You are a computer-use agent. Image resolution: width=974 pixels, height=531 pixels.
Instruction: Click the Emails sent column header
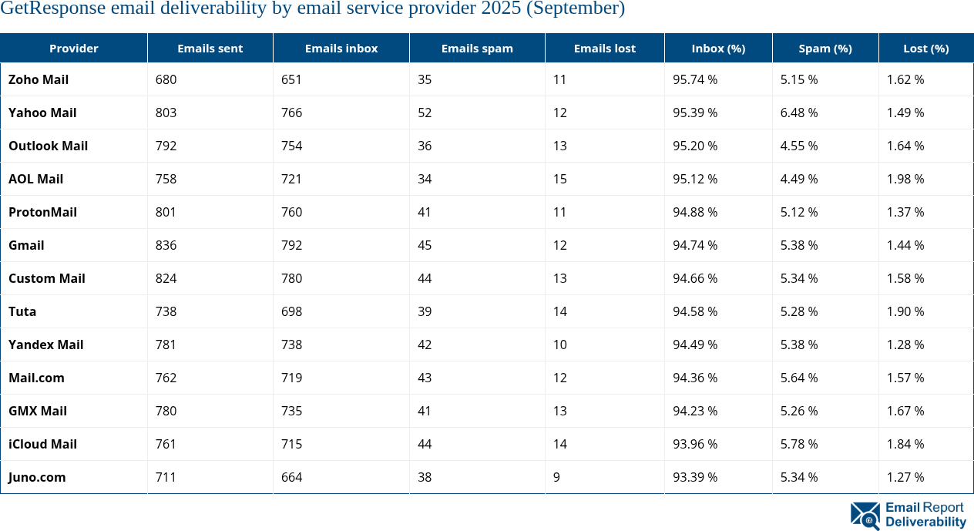pos(210,48)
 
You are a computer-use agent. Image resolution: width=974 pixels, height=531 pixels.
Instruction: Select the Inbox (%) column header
pos(718,48)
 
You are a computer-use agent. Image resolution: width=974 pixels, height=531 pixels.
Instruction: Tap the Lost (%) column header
pos(925,48)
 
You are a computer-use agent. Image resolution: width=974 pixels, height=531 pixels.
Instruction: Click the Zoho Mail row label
pos(39,79)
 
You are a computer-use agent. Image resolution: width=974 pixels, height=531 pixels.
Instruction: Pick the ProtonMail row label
pos(42,212)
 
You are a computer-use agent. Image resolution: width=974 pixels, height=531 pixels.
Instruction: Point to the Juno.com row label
pos(37,477)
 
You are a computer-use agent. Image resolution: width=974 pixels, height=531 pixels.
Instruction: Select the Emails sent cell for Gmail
pos(166,245)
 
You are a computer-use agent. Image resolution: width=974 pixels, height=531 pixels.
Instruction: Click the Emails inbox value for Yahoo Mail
pos(291,113)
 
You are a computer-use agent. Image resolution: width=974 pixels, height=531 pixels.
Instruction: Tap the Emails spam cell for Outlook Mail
pos(425,146)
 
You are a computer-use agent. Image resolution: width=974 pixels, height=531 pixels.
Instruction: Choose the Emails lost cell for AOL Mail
pos(559,179)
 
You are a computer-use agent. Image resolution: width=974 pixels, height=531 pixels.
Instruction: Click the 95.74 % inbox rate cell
pos(695,79)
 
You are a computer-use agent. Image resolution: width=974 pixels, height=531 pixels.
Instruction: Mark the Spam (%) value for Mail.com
pos(799,378)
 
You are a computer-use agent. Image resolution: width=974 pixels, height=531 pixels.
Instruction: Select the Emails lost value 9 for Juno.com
pos(556,477)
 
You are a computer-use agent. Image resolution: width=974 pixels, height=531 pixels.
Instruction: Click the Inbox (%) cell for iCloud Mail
pos(695,444)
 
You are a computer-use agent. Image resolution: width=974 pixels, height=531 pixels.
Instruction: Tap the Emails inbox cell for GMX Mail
pos(291,411)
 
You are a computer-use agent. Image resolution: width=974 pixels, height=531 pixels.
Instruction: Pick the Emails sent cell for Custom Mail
pos(166,278)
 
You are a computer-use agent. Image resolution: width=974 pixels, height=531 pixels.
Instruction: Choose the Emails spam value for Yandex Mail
pos(425,344)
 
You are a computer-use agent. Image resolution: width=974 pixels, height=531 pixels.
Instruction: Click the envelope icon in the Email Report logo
pos(865,516)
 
